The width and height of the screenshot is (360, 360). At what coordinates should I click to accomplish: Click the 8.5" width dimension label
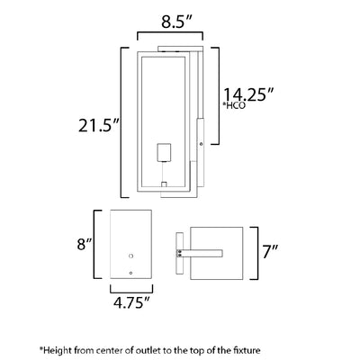pos(176,22)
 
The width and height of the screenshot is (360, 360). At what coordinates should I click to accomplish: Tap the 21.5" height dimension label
pos(99,125)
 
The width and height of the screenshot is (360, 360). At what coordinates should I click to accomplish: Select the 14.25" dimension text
pos(249,94)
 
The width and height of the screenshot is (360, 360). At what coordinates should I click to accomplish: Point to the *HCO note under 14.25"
pos(234,105)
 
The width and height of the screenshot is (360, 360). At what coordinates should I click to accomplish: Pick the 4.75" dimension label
pos(131,302)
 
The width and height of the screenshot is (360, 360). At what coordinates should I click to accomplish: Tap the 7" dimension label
pos(270,251)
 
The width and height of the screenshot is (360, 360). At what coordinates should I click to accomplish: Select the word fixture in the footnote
pos(246,350)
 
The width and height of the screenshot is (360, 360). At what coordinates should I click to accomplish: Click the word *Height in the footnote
pos(56,350)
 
